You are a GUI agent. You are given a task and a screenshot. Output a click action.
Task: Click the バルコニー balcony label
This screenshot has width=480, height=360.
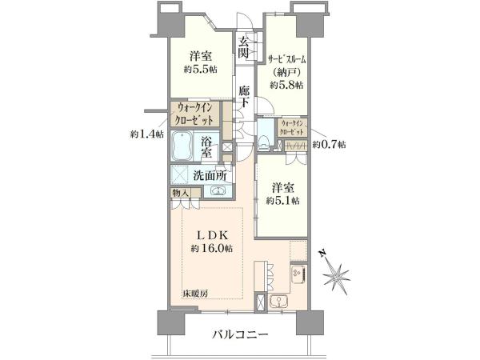coord(240,334)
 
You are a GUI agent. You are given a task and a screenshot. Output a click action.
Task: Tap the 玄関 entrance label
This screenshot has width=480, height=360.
coord(243,47)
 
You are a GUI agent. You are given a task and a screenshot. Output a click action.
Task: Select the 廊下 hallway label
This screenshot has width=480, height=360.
coord(244,96)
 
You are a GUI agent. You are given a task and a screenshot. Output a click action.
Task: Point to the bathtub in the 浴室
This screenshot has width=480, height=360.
coord(181,146)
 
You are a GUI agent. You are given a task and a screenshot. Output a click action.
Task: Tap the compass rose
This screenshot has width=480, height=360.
coord(336,273)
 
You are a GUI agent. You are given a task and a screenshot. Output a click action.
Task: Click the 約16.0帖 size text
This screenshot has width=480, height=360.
coord(211,248)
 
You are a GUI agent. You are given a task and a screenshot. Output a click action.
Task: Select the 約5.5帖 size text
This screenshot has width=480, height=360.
coord(201,70)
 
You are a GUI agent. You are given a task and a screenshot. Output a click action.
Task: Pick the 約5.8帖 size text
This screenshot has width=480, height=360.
coord(286,85)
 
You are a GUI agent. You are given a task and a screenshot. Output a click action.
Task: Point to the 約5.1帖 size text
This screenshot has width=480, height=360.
coord(282,201)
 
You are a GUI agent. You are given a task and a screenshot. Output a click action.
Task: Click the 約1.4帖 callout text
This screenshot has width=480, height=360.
coord(146,134)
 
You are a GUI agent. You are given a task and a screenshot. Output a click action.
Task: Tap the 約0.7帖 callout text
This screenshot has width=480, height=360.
coord(329,144)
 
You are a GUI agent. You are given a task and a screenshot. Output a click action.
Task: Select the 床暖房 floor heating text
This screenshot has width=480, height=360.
coord(196,294)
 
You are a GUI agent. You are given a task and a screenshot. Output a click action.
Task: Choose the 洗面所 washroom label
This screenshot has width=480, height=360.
coord(210,175)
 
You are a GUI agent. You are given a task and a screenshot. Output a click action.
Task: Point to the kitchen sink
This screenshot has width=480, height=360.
coord(278,301)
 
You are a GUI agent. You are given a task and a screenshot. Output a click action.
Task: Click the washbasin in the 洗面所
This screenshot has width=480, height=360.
coord(218,191)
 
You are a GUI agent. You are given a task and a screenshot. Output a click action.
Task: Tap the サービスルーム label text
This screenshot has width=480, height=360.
coord(287,59)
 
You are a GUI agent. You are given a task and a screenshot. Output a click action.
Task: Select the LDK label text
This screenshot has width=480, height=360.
coord(212,234)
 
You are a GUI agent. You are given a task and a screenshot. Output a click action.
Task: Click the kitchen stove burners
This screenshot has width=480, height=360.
coord(298,274)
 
